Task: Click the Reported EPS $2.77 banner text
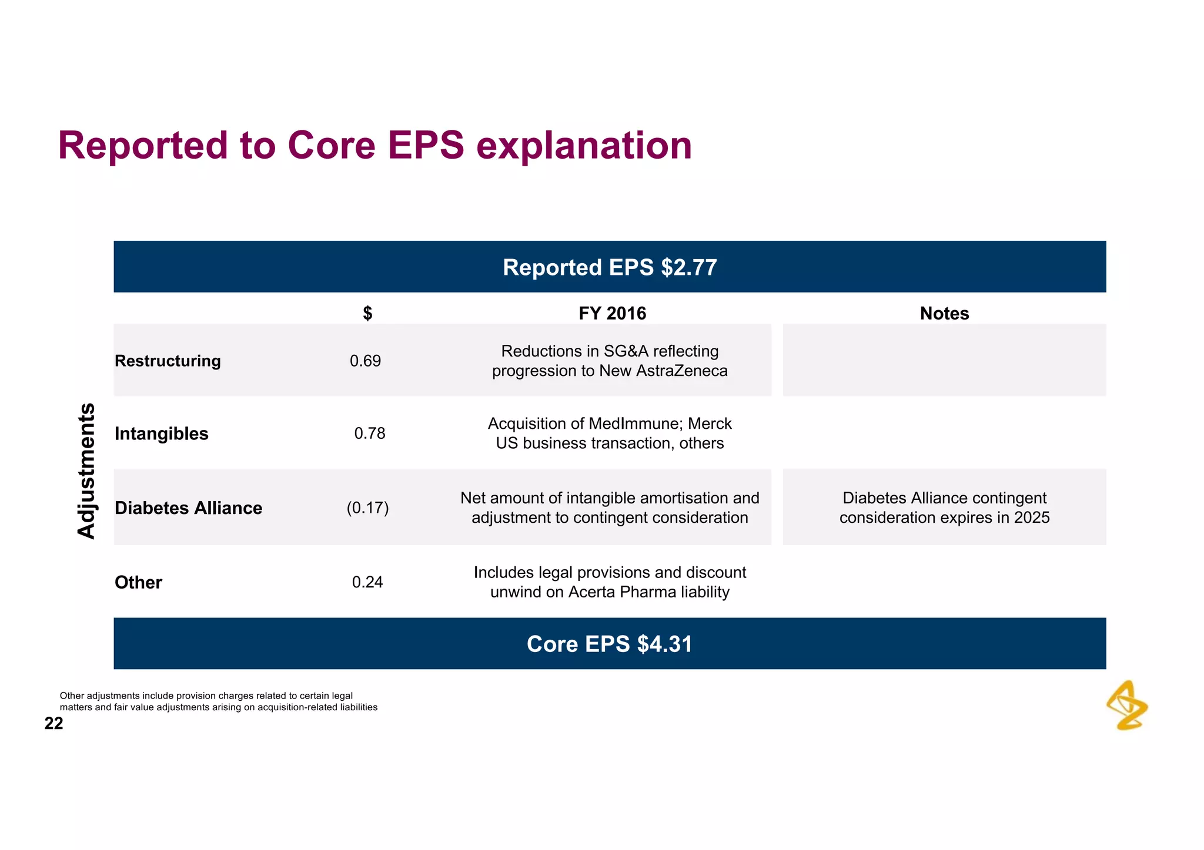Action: (610, 267)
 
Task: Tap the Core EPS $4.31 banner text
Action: (610, 644)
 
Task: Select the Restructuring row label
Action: (168, 361)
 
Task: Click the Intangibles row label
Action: (162, 434)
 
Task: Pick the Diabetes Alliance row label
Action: (188, 508)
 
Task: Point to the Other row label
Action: (138, 582)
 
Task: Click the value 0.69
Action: (365, 361)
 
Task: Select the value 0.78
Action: (370, 434)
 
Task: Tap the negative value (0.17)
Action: (367, 508)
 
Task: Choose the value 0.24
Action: (367, 582)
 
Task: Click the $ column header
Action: (367, 313)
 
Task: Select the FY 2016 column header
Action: (612, 313)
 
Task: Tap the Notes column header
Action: (944, 313)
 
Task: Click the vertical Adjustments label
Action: (86, 471)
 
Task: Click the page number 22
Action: (53, 723)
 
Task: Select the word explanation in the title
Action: (584, 145)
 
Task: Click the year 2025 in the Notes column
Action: (1032, 518)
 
